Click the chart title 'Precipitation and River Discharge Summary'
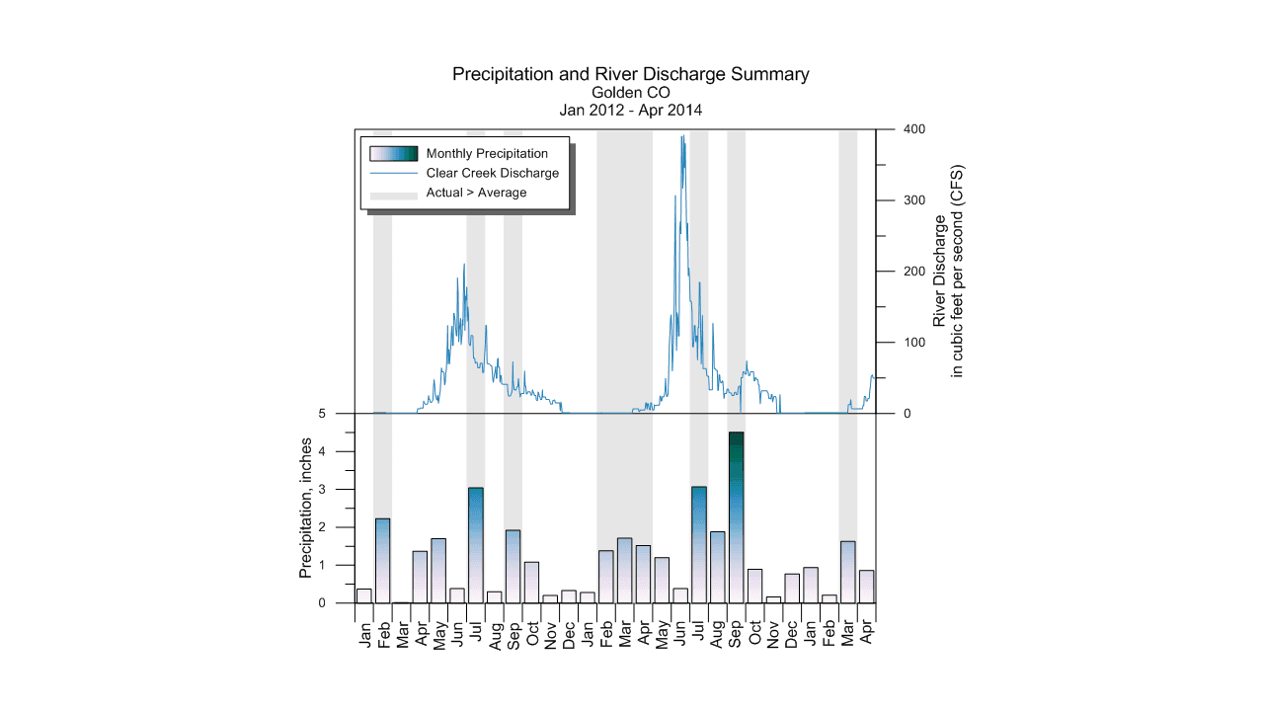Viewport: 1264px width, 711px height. coord(630,74)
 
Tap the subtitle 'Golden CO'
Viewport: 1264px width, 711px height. coord(630,93)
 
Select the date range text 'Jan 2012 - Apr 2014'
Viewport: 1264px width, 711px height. coord(630,111)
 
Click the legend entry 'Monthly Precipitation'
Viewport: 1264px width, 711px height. coord(486,153)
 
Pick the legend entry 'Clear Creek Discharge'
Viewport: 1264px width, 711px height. coord(492,173)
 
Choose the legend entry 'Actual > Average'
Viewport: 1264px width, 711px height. coord(476,193)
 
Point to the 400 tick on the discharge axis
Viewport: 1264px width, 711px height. coord(912,129)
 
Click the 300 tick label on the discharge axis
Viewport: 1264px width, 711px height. coord(912,200)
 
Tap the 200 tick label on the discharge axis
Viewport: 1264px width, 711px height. coord(912,272)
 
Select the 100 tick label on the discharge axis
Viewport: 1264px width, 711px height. coord(912,343)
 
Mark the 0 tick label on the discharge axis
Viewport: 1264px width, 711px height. coord(907,414)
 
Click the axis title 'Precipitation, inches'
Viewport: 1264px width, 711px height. coord(306,508)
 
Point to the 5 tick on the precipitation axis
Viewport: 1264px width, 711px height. coord(337,414)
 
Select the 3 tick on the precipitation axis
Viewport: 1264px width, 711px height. coord(337,490)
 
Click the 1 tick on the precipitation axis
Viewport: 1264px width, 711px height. coord(337,565)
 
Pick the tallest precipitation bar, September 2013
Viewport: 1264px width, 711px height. coord(736,517)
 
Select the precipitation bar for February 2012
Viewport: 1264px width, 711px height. coord(382,561)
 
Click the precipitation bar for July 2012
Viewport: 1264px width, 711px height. coord(476,545)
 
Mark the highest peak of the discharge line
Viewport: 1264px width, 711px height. coord(682,136)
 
